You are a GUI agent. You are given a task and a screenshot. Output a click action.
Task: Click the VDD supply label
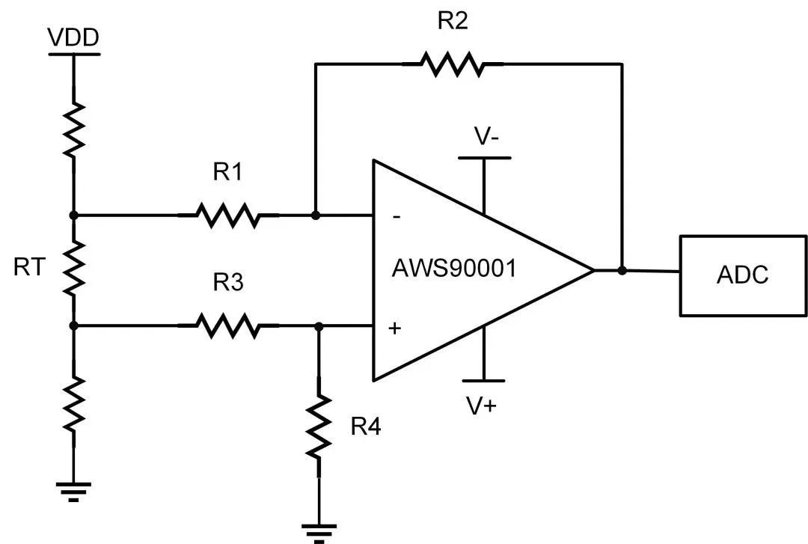(73, 38)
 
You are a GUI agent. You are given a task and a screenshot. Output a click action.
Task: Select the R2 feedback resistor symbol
(451, 64)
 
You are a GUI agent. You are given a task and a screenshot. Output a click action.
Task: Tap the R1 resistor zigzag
(228, 216)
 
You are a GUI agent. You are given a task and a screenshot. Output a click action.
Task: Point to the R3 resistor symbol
(228, 326)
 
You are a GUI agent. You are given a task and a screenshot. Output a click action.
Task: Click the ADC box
(743, 275)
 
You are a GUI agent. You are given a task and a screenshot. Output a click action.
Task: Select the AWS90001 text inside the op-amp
(454, 269)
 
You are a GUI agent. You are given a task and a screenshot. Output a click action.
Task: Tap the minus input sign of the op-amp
(396, 217)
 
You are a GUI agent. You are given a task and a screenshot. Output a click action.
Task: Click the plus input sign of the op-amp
(394, 328)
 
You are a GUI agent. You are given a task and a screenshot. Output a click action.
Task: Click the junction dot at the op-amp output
(622, 270)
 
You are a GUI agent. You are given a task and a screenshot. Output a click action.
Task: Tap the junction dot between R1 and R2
(316, 216)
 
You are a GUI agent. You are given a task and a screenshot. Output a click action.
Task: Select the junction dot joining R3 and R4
(319, 326)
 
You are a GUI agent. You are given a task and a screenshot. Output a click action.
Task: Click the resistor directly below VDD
(73, 129)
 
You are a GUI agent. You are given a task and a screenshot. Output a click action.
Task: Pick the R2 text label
(452, 21)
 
